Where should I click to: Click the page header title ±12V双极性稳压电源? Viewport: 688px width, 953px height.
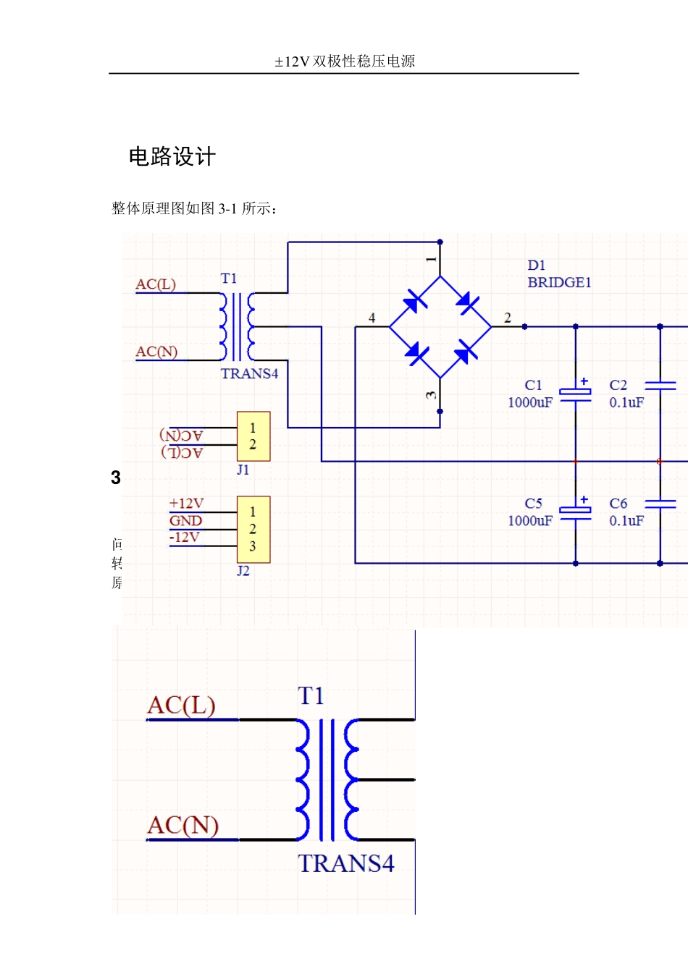[x=345, y=62]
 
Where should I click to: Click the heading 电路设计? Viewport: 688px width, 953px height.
[x=172, y=157]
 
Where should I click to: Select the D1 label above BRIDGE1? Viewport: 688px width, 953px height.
[x=537, y=266]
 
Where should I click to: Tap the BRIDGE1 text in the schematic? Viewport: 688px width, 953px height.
[x=559, y=282]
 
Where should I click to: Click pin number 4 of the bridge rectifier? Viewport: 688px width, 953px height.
[x=372, y=318]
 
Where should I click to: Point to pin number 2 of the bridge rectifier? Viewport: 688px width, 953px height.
[x=508, y=318]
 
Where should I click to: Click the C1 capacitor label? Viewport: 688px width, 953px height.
[x=533, y=385]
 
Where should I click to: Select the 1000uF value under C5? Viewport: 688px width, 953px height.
[x=530, y=520]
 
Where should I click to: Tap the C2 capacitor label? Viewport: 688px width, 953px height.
[x=618, y=385]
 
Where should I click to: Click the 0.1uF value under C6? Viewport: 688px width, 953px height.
[x=626, y=520]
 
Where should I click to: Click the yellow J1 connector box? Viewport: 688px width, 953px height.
[x=253, y=436]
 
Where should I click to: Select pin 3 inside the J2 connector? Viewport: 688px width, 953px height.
[x=253, y=546]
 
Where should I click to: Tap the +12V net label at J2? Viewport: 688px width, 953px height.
[x=186, y=504]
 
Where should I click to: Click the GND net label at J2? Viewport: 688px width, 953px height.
[x=185, y=520]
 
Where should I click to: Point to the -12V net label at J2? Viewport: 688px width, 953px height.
[x=184, y=537]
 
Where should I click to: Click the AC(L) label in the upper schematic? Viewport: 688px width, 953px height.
[x=156, y=284]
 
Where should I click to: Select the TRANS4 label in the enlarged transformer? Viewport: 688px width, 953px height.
[x=346, y=863]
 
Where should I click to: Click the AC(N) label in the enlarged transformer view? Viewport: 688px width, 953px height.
[x=183, y=825]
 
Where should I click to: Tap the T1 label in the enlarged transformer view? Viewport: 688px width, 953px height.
[x=311, y=696]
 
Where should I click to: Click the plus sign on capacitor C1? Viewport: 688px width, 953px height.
[x=584, y=381]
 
